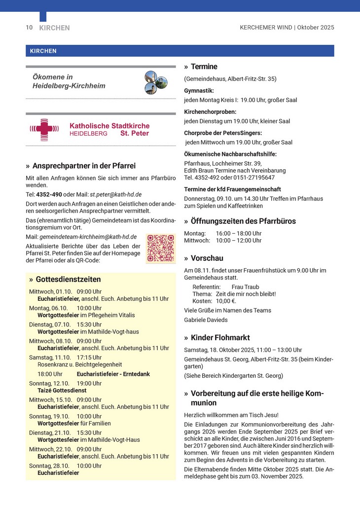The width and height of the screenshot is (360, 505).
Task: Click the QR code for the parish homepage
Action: (161, 248)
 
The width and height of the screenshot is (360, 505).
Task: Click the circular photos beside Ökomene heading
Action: (153, 82)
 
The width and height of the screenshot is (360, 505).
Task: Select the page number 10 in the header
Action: (29, 28)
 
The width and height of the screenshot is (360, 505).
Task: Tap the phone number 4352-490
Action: (49, 194)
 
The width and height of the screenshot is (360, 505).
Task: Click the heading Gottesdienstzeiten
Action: (68, 280)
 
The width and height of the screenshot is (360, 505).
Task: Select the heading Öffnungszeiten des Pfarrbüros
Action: (243, 221)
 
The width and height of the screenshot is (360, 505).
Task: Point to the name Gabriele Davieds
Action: (206, 320)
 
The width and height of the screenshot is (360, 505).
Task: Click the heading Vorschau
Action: (207, 258)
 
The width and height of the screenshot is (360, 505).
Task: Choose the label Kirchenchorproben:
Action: (210, 112)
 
